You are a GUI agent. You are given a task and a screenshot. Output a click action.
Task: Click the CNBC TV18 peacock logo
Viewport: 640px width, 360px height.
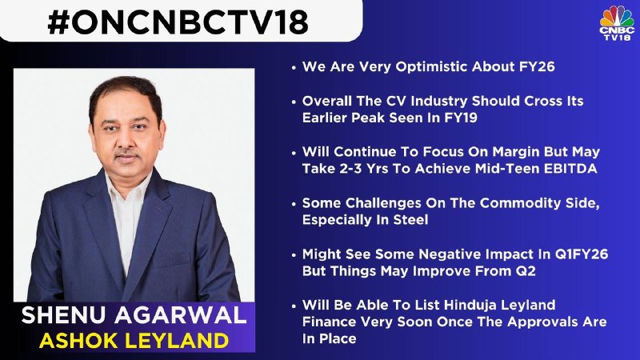(617, 23)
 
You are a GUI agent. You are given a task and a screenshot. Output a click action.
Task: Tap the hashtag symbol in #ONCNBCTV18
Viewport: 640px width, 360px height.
(59, 22)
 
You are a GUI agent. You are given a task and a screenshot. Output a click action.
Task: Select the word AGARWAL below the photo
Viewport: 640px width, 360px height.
(181, 315)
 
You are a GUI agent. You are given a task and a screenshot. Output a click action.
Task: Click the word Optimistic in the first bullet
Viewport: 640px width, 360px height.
(430, 67)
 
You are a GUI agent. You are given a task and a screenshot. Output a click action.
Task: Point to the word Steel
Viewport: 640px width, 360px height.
(410, 220)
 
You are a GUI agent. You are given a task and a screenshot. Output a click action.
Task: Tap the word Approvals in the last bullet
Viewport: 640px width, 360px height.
(544, 322)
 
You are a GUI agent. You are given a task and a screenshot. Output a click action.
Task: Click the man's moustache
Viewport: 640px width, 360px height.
(126, 154)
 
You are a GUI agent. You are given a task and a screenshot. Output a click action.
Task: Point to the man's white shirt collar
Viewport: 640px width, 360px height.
(127, 188)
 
